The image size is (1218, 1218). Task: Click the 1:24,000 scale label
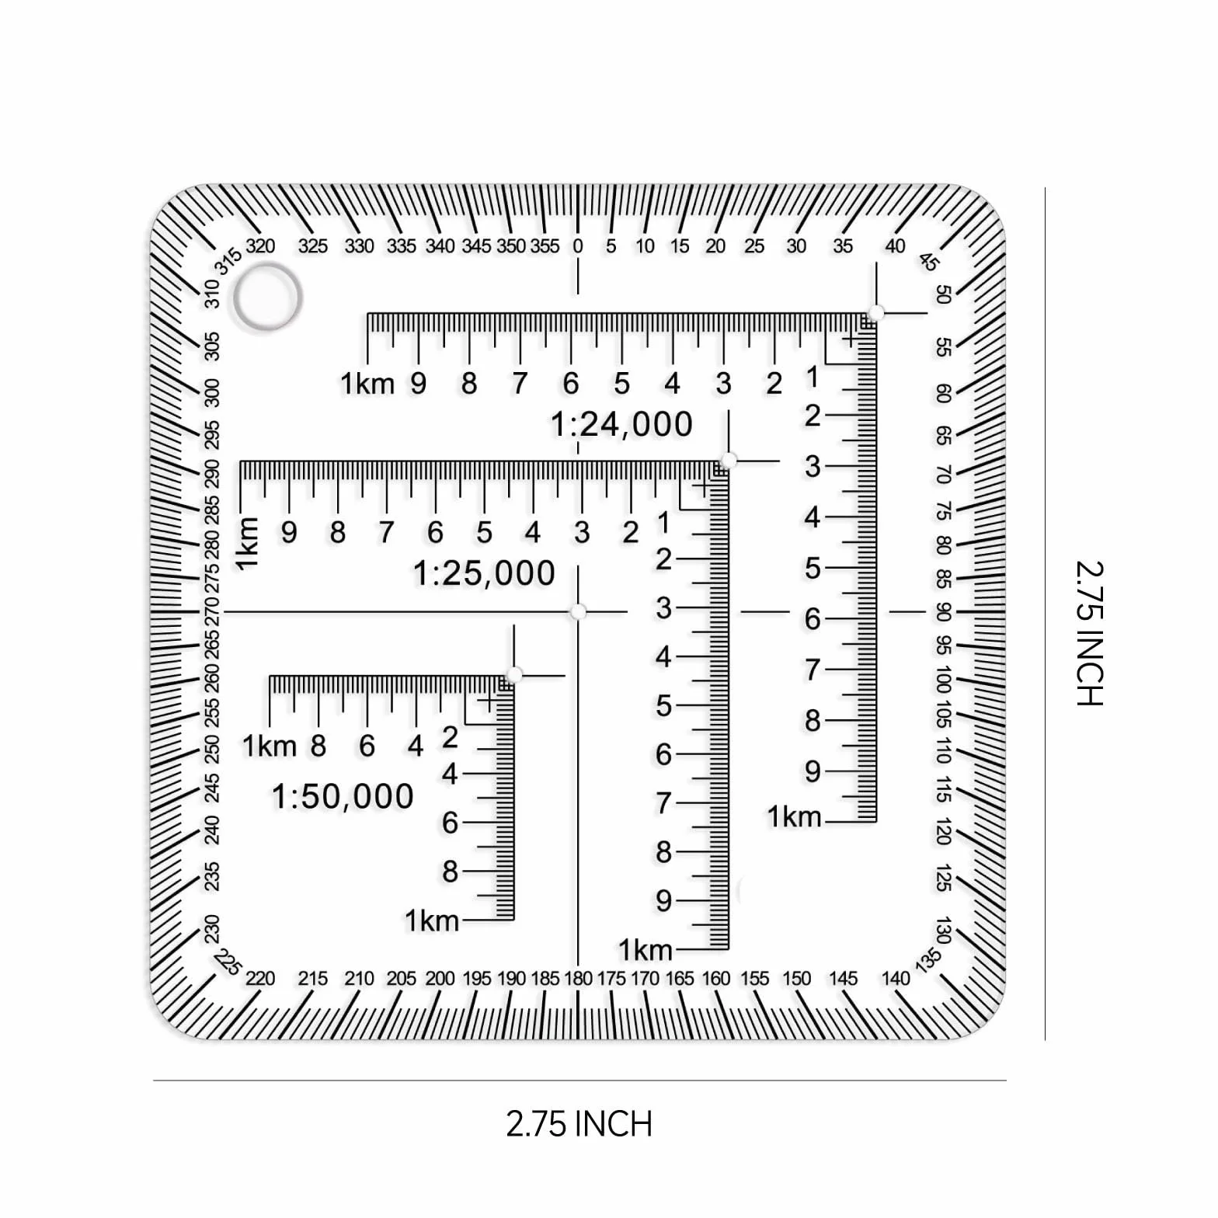(621, 425)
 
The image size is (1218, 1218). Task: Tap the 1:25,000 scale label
(484, 574)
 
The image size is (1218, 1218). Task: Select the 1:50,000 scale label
(343, 797)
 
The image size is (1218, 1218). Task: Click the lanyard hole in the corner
(267, 297)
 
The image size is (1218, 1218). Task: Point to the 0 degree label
(578, 246)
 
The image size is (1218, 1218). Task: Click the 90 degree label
(943, 612)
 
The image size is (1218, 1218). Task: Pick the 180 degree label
(578, 979)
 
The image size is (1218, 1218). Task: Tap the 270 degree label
(212, 612)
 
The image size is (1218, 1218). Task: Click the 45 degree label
(927, 262)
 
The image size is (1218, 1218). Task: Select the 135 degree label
(927, 960)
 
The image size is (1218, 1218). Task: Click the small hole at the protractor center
(578, 612)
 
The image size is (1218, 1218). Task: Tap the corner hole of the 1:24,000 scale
(876, 313)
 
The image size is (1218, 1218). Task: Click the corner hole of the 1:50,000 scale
(514, 675)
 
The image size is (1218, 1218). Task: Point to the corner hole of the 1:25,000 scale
(728, 461)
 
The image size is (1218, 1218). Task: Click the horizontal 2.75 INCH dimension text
(579, 1124)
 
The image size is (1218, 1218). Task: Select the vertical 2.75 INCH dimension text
(1089, 633)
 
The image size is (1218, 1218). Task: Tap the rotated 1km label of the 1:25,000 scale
(248, 544)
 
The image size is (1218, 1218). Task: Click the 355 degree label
(545, 246)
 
